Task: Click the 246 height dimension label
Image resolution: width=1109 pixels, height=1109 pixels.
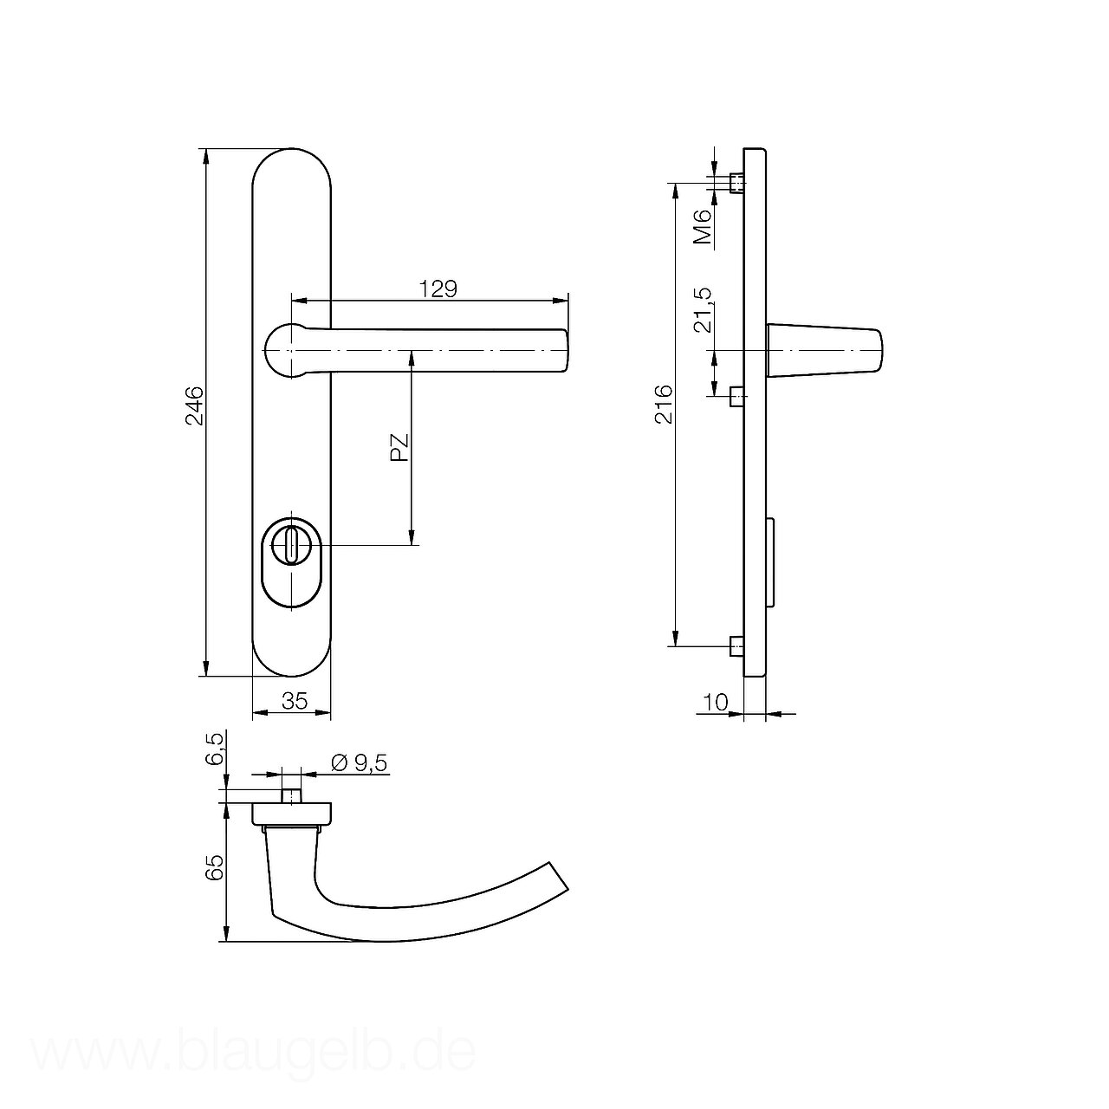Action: [x=195, y=405]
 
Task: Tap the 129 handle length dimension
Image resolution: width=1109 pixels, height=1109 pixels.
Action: [x=438, y=289]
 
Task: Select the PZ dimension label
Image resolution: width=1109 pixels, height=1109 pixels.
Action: [x=399, y=447]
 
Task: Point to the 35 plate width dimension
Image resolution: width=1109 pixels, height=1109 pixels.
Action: [x=295, y=700]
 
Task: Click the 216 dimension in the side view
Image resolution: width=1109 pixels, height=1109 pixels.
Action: [x=663, y=405]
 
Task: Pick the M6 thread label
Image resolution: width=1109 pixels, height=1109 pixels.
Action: [x=703, y=226]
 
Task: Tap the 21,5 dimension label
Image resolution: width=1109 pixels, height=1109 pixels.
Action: [x=703, y=310]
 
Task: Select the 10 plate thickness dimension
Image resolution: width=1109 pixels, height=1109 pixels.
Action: [x=716, y=702]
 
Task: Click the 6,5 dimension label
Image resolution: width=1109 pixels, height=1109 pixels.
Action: [x=213, y=749]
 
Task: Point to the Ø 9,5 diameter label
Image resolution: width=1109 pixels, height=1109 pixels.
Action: [x=360, y=763]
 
